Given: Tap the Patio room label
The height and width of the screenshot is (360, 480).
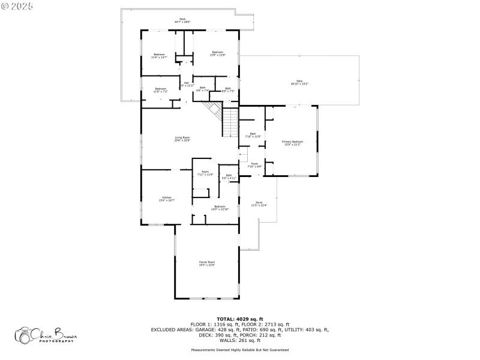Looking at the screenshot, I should click(299, 82).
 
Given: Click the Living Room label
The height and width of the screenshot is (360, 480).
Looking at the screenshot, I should click(182, 139).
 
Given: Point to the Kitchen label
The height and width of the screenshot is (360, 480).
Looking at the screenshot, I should click(166, 199).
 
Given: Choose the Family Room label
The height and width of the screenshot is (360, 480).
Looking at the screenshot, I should click(207, 263).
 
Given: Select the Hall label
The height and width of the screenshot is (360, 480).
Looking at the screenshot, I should click(187, 84).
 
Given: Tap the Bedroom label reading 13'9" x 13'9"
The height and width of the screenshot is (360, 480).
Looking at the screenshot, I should click(217, 53).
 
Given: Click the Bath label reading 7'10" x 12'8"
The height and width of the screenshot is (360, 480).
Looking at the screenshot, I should click(253, 135).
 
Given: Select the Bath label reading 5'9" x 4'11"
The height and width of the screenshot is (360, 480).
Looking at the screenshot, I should click(229, 177).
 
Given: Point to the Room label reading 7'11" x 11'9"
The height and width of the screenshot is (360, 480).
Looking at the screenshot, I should click(205, 173).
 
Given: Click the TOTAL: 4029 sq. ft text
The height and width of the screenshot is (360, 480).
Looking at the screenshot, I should click(239, 319).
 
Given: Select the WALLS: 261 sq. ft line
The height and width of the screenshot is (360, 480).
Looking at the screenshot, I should click(239, 340).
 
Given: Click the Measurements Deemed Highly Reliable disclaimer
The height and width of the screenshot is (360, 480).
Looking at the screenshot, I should click(239, 350).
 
